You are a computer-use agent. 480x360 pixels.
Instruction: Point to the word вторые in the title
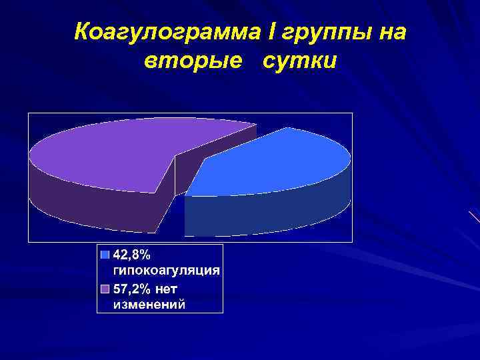193,61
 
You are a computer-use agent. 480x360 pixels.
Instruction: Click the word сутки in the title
300,61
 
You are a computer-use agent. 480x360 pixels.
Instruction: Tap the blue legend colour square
105,254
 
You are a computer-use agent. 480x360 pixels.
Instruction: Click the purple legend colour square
105,288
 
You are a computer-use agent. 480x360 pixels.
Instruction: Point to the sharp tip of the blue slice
185,195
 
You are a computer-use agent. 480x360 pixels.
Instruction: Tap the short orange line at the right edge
474,216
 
